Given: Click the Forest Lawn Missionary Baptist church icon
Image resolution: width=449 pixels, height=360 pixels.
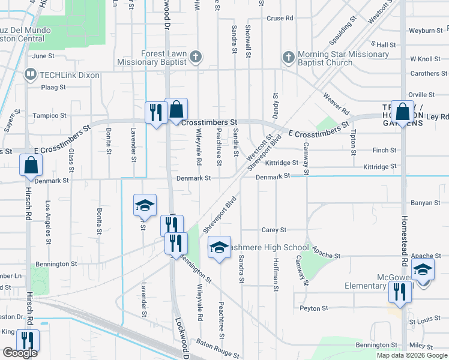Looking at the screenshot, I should pos(194,58).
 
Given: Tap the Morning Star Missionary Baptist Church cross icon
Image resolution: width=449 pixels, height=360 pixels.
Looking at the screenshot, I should pos(288,58).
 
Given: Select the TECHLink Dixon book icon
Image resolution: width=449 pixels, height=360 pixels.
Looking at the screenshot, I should pos(29,74).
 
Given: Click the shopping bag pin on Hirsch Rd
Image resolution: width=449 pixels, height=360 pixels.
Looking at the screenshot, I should pos(31,166).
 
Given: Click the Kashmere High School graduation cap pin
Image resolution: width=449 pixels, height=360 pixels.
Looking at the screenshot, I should pos(219,247).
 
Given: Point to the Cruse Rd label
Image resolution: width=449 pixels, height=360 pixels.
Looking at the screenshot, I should pos(280,19).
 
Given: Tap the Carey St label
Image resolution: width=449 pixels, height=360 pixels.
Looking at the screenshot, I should pos(274,230).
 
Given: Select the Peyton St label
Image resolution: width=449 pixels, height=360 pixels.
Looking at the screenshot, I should pos(314,308).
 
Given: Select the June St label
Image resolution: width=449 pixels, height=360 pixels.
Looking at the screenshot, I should pos(43,56).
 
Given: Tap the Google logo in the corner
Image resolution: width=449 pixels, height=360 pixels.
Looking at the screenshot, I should pos(20,353).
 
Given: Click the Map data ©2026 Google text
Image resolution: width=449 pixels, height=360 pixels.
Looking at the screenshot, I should pos(411,355).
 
